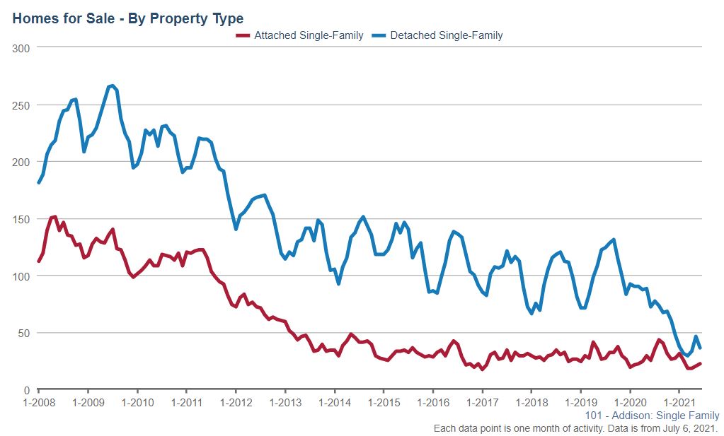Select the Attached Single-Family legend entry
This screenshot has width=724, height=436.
tap(309, 35)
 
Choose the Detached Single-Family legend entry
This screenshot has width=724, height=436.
tap(447, 35)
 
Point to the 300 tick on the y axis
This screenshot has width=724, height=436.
tap(21, 47)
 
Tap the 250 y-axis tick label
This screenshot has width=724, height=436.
tap(21, 105)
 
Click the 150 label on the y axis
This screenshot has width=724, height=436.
tap(21, 219)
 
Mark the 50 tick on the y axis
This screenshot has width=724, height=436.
tap(23, 333)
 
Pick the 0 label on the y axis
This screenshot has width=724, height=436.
tap(26, 390)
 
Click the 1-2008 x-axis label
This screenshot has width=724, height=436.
tap(38, 403)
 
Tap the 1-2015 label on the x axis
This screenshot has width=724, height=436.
tap(383, 403)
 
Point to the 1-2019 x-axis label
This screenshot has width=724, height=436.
tap(580, 403)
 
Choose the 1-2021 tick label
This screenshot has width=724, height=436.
tap(679, 403)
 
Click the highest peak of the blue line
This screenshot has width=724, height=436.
tap(113, 86)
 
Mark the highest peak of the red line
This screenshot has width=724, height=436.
tap(54, 216)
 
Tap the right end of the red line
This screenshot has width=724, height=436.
tap(701, 363)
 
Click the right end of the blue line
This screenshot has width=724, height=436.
tap(701, 348)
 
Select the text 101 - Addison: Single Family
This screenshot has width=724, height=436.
tap(653, 416)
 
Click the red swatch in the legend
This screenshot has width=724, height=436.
tap(243, 35)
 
